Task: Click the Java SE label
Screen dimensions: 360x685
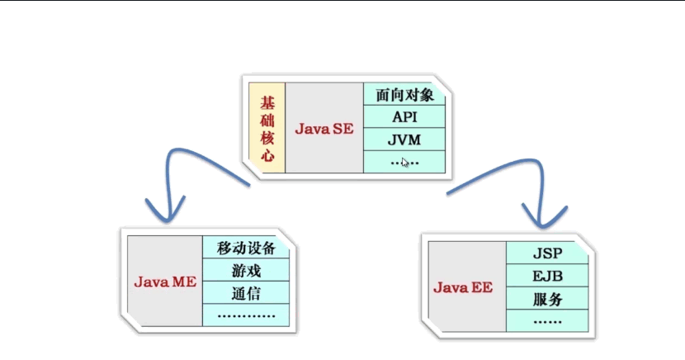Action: [324, 129]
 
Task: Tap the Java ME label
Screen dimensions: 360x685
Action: [164, 282]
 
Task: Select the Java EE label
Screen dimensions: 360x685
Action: [464, 287]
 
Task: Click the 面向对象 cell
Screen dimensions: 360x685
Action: [404, 94]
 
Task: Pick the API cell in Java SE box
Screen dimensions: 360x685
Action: [404, 117]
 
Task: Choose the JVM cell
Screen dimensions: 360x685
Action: [404, 140]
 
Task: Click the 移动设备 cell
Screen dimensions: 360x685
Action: [246, 248]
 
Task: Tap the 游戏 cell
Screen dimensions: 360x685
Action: [246, 270]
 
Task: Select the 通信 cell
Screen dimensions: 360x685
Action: [246, 292]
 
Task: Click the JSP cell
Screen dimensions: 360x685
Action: [547, 253]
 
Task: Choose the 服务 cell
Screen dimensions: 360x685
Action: [547, 298]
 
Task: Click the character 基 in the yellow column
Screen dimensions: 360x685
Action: [267, 102]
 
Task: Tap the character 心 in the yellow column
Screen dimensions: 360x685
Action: [267, 154]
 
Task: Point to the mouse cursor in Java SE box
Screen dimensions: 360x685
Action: [404, 163]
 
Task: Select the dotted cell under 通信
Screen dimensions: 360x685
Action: [246, 315]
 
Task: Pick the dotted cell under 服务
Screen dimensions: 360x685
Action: [547, 320]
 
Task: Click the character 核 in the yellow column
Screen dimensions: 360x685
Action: [267, 137]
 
